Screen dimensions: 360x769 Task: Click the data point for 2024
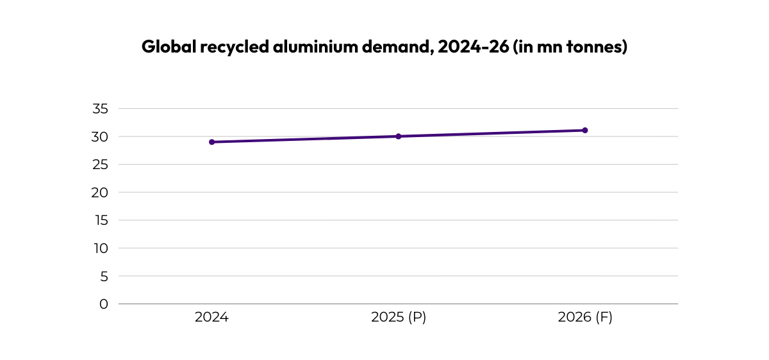pyautogui.click(x=211, y=142)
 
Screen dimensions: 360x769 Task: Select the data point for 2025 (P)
pyautogui.click(x=398, y=136)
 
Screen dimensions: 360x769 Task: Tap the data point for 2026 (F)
pyautogui.click(x=584, y=130)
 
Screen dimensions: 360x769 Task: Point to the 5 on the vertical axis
pyautogui.click(x=104, y=276)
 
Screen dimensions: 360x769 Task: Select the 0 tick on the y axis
pyautogui.click(x=104, y=304)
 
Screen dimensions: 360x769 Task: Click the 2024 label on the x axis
pyautogui.click(x=211, y=318)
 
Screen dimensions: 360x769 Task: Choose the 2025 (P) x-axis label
pyautogui.click(x=398, y=318)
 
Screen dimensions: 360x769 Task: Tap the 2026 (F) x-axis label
pyautogui.click(x=584, y=318)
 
